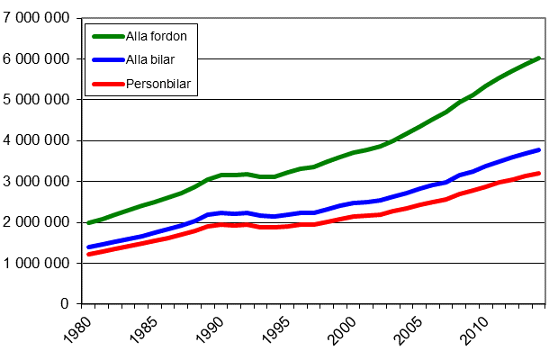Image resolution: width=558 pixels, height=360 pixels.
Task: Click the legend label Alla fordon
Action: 160,37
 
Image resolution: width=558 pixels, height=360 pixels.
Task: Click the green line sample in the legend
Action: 108,37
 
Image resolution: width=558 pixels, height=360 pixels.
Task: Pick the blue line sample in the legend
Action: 108,60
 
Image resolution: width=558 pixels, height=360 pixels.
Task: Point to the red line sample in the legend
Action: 108,85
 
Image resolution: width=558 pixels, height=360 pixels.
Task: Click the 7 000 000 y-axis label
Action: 37,18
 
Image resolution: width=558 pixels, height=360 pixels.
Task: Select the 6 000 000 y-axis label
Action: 37,58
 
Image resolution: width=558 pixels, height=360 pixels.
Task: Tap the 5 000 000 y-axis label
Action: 37,100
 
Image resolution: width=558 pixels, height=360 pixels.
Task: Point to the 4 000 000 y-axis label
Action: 37,140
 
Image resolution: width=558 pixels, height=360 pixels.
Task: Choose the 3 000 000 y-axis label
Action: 37,182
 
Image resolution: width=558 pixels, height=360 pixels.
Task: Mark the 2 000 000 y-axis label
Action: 37,222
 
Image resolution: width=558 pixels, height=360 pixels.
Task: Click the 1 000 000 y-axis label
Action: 37,264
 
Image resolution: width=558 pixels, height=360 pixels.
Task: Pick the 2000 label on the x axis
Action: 343,329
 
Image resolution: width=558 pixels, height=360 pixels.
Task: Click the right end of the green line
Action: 539,58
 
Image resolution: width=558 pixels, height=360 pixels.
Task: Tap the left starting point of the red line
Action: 88,255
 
